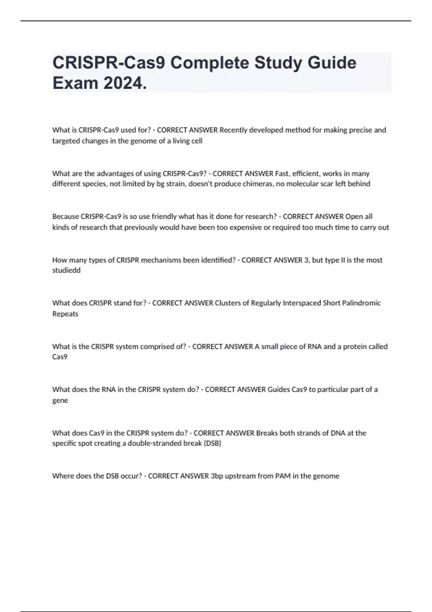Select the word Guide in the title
coord(332,63)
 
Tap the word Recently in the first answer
coord(233,130)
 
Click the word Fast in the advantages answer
coord(282,174)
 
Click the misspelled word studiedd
coord(66,270)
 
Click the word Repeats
coord(65,314)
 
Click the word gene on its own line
coord(60,400)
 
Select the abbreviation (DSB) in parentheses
coord(212,443)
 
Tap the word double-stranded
coord(155,443)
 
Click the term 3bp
coord(217,476)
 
